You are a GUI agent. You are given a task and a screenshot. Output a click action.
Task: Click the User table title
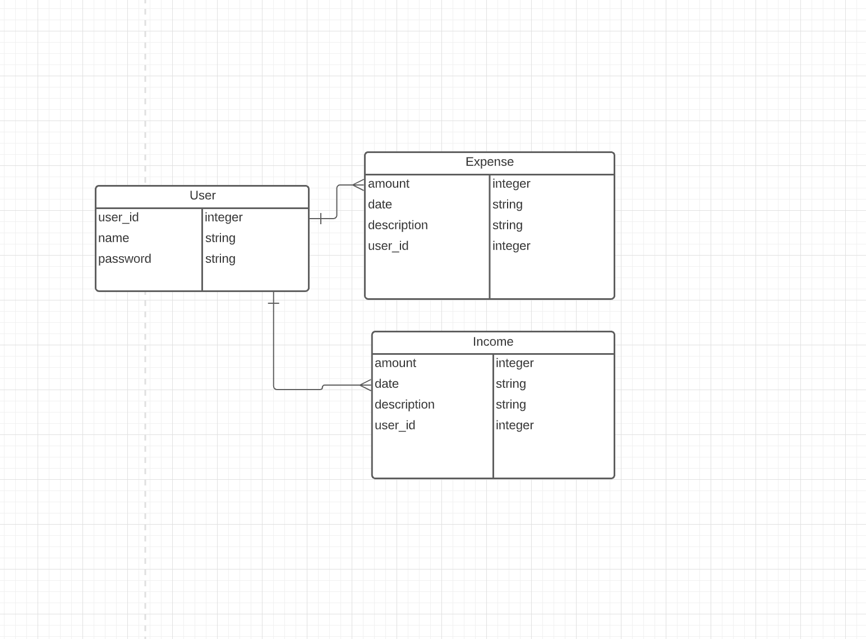pos(202,196)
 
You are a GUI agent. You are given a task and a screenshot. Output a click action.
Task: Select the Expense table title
pos(489,162)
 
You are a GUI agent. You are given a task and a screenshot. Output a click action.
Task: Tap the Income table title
pos(492,342)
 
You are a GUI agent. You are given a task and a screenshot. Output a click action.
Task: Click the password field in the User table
pos(125,259)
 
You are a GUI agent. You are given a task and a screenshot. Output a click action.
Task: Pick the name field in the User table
pos(114,238)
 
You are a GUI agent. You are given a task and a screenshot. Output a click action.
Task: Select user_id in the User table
pos(118,217)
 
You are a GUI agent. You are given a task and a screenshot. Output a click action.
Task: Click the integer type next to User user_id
pos(223,217)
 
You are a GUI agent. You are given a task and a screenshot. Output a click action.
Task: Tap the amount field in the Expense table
pos(389,184)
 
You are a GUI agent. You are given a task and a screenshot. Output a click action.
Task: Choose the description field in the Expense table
pos(398,225)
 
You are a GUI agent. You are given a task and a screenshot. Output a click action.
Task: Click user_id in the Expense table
pos(388,246)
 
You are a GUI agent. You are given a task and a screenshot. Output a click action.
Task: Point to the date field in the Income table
pos(386,384)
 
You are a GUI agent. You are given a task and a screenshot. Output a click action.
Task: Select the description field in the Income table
pos(404,405)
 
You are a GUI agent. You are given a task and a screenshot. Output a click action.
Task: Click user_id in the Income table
pos(395,425)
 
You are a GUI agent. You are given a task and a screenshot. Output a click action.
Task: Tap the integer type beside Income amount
pos(514,363)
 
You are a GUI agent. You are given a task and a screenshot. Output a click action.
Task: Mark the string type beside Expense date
pos(507,205)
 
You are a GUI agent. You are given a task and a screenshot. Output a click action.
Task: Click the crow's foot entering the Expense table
pos(358,185)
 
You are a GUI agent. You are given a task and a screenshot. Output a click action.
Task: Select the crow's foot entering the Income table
pos(365,385)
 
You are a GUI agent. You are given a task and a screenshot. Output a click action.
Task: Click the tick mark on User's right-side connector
pos(321,219)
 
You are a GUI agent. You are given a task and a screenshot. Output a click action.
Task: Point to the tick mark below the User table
pos(274,303)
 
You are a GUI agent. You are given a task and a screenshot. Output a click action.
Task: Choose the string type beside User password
pos(220,259)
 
